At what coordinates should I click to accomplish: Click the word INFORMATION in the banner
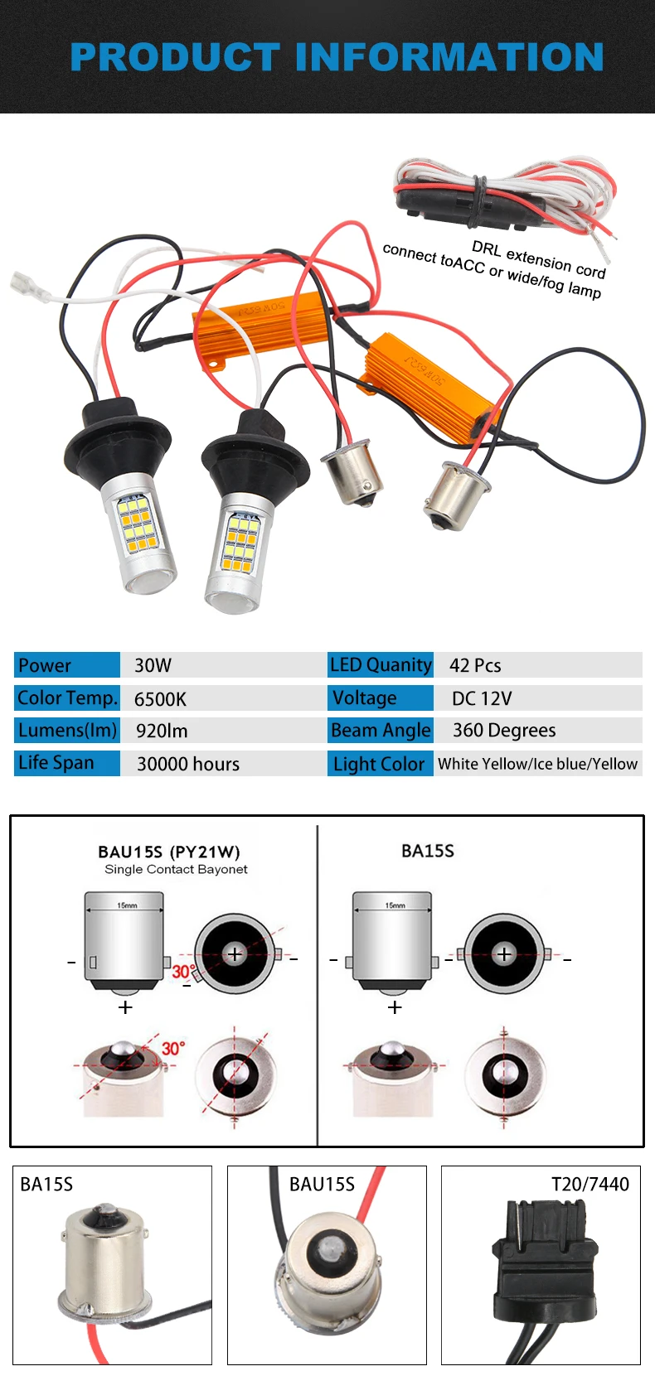coord(449,57)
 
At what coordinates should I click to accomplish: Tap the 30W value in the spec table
coord(153,666)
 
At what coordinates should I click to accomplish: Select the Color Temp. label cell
coord(67,698)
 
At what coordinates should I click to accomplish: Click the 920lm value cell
coord(162,731)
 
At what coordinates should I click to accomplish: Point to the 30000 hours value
coord(188,764)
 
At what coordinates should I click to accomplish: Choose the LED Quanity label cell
coord(381,665)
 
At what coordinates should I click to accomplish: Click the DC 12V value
coord(482,698)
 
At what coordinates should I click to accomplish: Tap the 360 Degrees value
coord(504,731)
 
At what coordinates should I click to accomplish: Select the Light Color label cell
coord(381,764)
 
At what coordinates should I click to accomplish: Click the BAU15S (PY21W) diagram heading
coord(169,852)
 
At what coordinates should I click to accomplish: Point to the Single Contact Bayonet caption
coord(176,869)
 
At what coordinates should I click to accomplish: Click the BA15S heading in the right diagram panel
coord(428,851)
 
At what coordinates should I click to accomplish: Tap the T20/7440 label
coord(590,1185)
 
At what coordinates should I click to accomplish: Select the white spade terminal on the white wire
coord(29,286)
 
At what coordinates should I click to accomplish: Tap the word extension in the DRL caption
coord(538,260)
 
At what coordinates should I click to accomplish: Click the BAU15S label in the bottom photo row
coord(322,1185)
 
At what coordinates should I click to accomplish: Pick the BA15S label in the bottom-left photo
coord(46,1185)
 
